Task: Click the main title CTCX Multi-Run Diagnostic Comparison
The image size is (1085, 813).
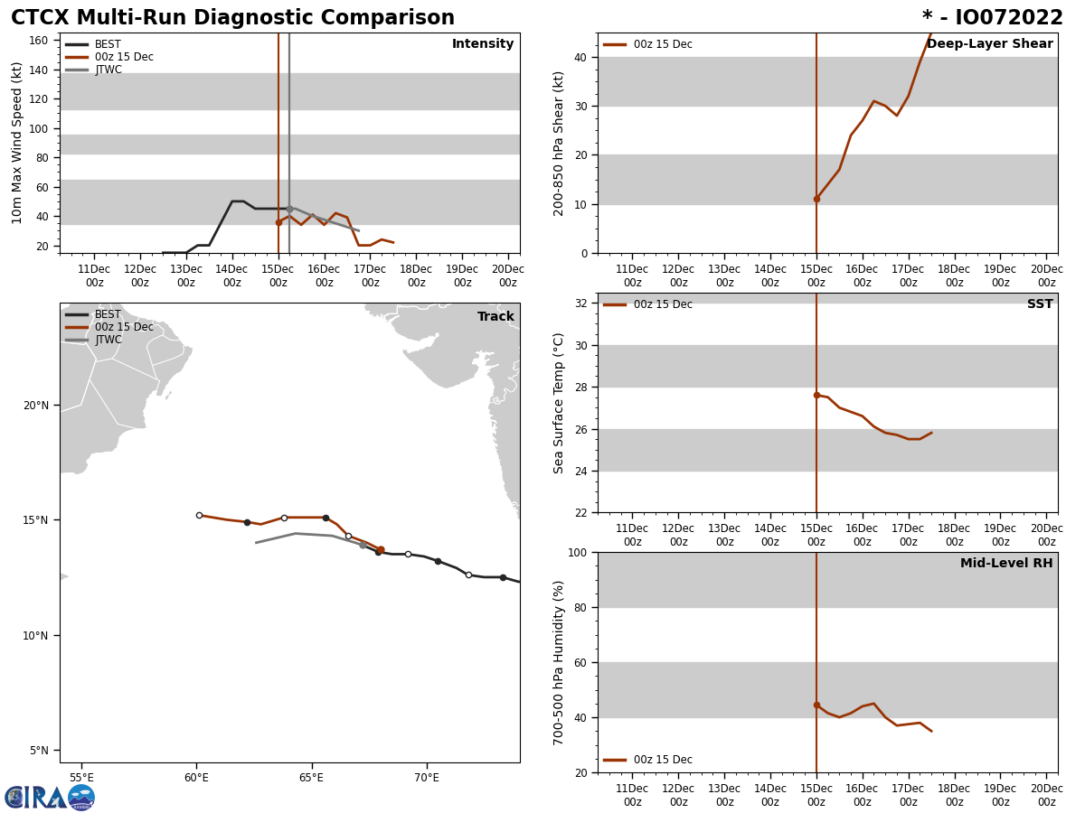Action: pos(232,18)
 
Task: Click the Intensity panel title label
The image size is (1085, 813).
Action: pos(483,44)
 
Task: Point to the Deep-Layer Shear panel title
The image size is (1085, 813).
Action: pos(989,44)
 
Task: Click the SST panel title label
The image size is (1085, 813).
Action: pos(1040,304)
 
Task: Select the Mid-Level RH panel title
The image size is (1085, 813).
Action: pos(1006,564)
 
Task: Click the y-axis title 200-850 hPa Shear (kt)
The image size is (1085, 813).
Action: pos(560,143)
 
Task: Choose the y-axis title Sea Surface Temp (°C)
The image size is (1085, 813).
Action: pos(560,403)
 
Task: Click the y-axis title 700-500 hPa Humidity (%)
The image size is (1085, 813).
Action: pos(560,662)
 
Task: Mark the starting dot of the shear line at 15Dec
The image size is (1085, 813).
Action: pos(816,199)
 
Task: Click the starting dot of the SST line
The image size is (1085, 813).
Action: pos(816,395)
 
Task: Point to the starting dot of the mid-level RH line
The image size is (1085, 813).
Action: pos(816,705)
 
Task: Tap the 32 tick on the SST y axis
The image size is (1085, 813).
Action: pos(580,304)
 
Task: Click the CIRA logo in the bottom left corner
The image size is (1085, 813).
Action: pos(50,797)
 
